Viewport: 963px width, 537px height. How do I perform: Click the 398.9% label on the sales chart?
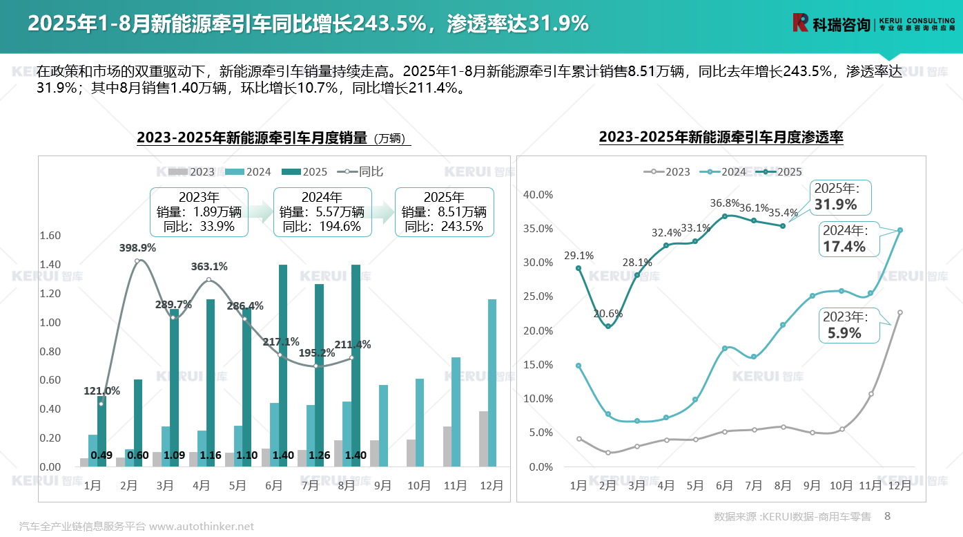[x=138, y=247]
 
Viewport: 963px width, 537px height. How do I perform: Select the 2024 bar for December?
[x=492, y=383]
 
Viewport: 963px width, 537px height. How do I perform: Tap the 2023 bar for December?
[x=483, y=439]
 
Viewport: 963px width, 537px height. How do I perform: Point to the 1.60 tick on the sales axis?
[x=50, y=236]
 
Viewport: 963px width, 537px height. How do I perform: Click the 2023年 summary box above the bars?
[x=198, y=212]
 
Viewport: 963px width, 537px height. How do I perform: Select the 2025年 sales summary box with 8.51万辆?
[x=444, y=212]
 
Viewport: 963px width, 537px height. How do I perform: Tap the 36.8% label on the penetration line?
[x=724, y=202]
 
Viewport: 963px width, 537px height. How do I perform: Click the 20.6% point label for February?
[x=607, y=313]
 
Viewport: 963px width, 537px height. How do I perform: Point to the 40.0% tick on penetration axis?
[x=538, y=194]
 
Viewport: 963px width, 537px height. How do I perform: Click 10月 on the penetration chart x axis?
[x=841, y=486]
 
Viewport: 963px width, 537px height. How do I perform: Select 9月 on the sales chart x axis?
[x=382, y=486]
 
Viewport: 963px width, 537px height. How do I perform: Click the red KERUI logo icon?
[x=800, y=23]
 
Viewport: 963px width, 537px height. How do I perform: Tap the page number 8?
[x=888, y=516]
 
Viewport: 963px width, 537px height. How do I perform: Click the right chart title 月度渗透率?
[x=721, y=137]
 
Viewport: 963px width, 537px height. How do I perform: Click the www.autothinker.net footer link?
[x=202, y=527]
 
